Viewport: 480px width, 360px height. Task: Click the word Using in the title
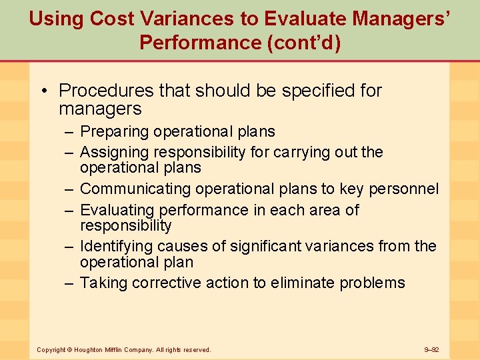click(x=56, y=18)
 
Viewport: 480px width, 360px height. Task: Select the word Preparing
click(x=115, y=132)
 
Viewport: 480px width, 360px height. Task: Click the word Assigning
click(x=114, y=152)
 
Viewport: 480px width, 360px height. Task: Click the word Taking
click(x=103, y=283)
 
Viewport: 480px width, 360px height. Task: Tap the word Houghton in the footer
click(x=88, y=349)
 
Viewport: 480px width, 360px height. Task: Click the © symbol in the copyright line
click(x=69, y=349)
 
